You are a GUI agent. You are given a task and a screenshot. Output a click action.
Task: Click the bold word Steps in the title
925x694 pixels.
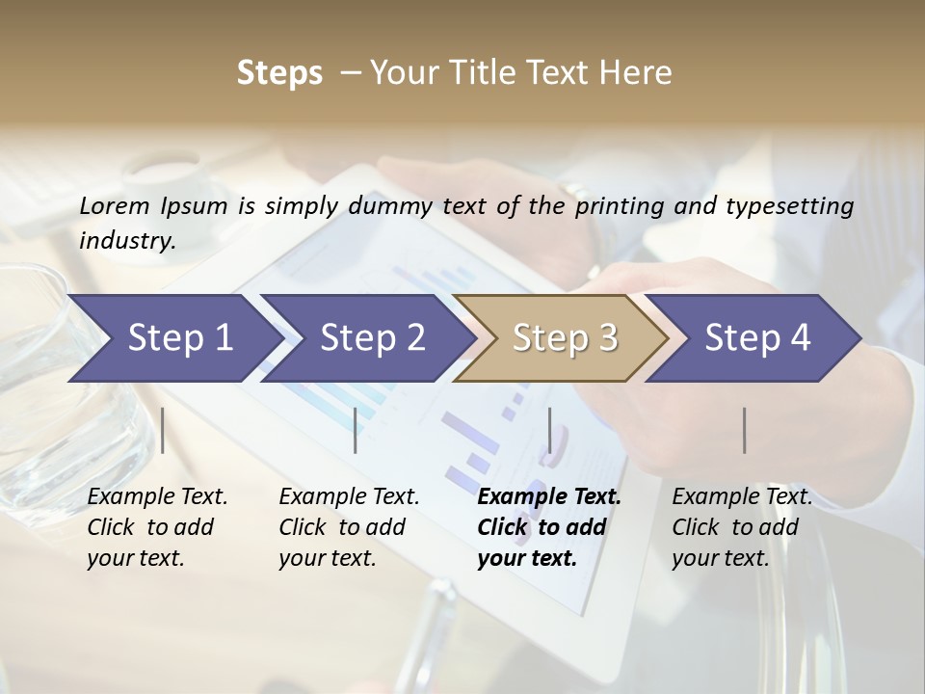click(279, 72)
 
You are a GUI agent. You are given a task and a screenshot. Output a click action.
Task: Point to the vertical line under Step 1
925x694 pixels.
click(163, 430)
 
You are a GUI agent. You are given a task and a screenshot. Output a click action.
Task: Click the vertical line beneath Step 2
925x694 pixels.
click(356, 430)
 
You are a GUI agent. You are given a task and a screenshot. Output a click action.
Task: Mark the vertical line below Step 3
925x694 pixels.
click(550, 430)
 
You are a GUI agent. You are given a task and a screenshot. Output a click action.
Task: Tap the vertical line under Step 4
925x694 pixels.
click(745, 430)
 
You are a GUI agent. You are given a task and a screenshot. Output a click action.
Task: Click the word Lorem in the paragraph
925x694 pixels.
click(115, 205)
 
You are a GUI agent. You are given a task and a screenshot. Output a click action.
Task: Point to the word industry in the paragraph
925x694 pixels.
click(127, 240)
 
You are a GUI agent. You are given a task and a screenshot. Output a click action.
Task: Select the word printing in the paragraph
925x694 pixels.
click(621, 206)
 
